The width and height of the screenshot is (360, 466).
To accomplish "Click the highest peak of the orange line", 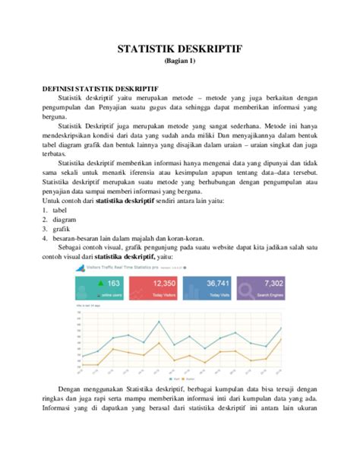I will tap(281, 340).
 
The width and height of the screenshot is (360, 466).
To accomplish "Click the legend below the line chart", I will tap(179, 376).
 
